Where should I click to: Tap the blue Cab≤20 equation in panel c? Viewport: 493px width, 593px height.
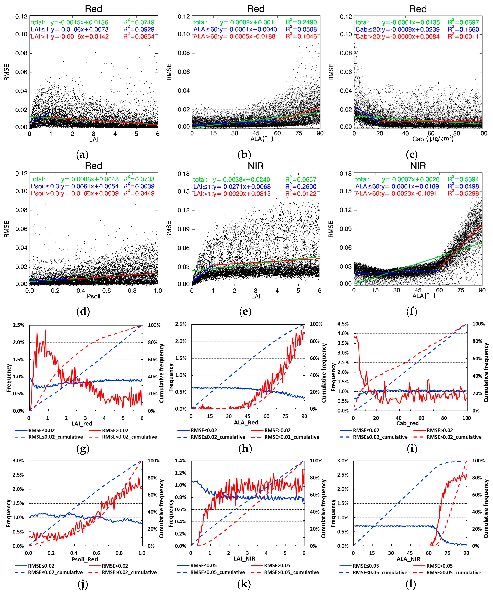tap(397, 29)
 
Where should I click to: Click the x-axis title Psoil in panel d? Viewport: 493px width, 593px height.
tap(93, 296)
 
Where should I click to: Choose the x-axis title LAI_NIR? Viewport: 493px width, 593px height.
tap(245, 559)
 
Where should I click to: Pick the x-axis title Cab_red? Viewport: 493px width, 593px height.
tap(407, 423)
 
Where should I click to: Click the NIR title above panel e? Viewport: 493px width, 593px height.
tap(255, 166)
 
